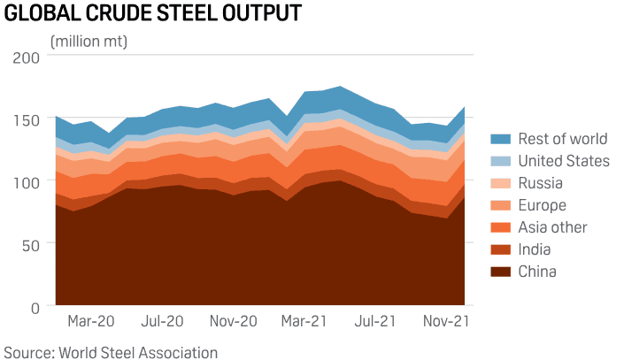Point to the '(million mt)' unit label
89,42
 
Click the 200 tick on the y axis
27,57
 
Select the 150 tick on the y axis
27,119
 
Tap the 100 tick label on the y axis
27,181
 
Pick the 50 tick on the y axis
32,244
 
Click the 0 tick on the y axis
35,307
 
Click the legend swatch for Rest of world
501,139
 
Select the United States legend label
563,161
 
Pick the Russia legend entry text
540,183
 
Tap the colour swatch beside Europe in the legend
501,205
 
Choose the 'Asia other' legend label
552,227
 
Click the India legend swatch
501,249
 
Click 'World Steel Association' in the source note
137,352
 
